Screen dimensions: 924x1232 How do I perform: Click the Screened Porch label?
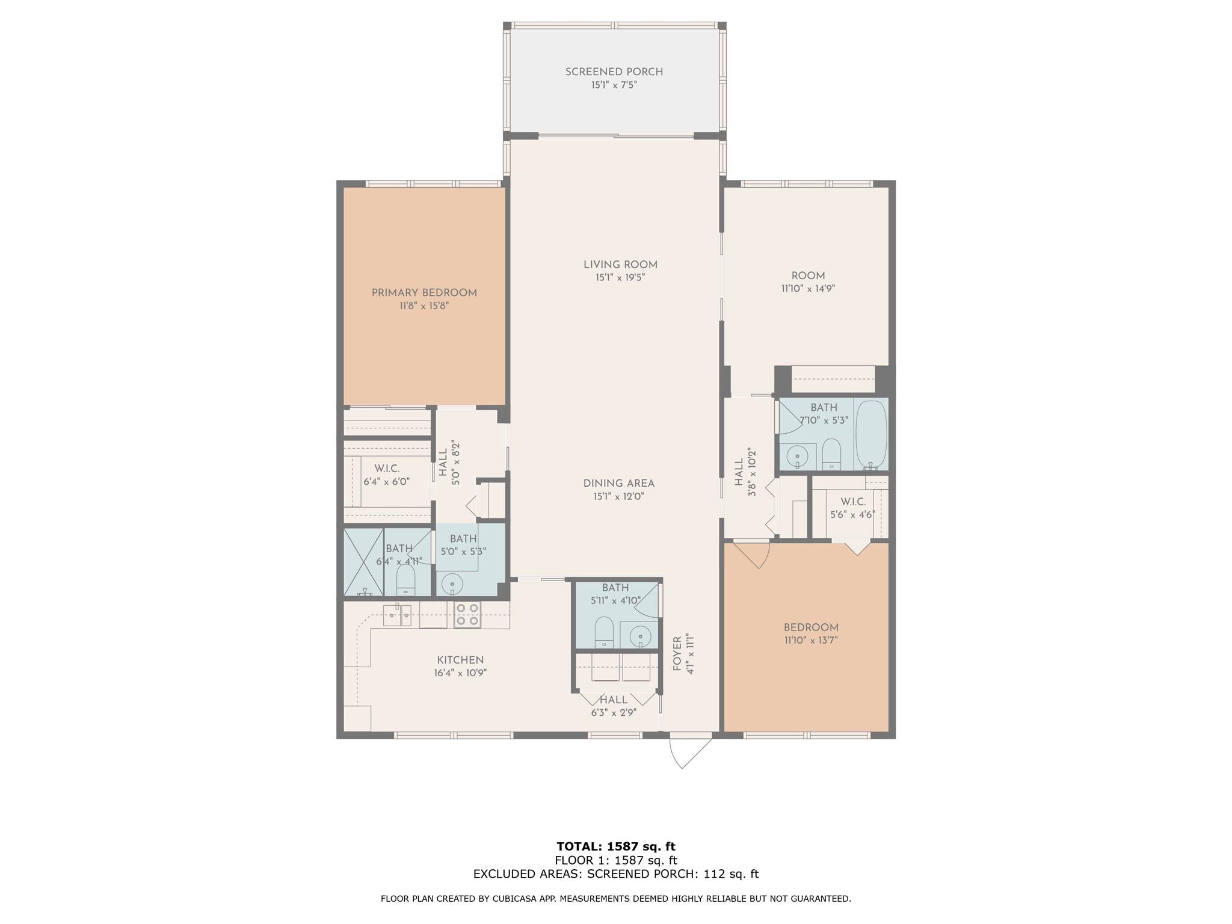click(614, 72)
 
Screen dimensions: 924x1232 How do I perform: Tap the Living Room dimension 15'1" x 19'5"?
click(620, 278)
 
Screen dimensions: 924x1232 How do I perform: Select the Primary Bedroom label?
click(423, 293)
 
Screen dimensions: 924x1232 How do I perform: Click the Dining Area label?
click(618, 483)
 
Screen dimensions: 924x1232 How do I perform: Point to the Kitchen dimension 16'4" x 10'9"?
click(460, 673)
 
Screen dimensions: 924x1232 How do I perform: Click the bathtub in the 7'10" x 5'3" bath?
click(870, 434)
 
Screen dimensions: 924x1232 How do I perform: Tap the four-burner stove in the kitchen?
click(467, 614)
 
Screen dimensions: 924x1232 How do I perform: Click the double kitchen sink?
click(398, 615)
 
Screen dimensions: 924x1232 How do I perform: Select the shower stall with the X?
click(363, 562)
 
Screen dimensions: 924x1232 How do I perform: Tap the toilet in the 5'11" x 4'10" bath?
click(604, 632)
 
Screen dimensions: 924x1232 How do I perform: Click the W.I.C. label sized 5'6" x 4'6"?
click(852, 502)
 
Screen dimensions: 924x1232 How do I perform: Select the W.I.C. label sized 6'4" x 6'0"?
click(386, 469)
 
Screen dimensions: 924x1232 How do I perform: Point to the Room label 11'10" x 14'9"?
click(807, 276)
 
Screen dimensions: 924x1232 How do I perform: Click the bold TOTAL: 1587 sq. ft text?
click(615, 847)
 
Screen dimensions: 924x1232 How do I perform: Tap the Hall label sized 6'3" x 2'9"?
click(613, 700)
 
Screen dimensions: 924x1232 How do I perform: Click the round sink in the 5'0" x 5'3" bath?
click(452, 583)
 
